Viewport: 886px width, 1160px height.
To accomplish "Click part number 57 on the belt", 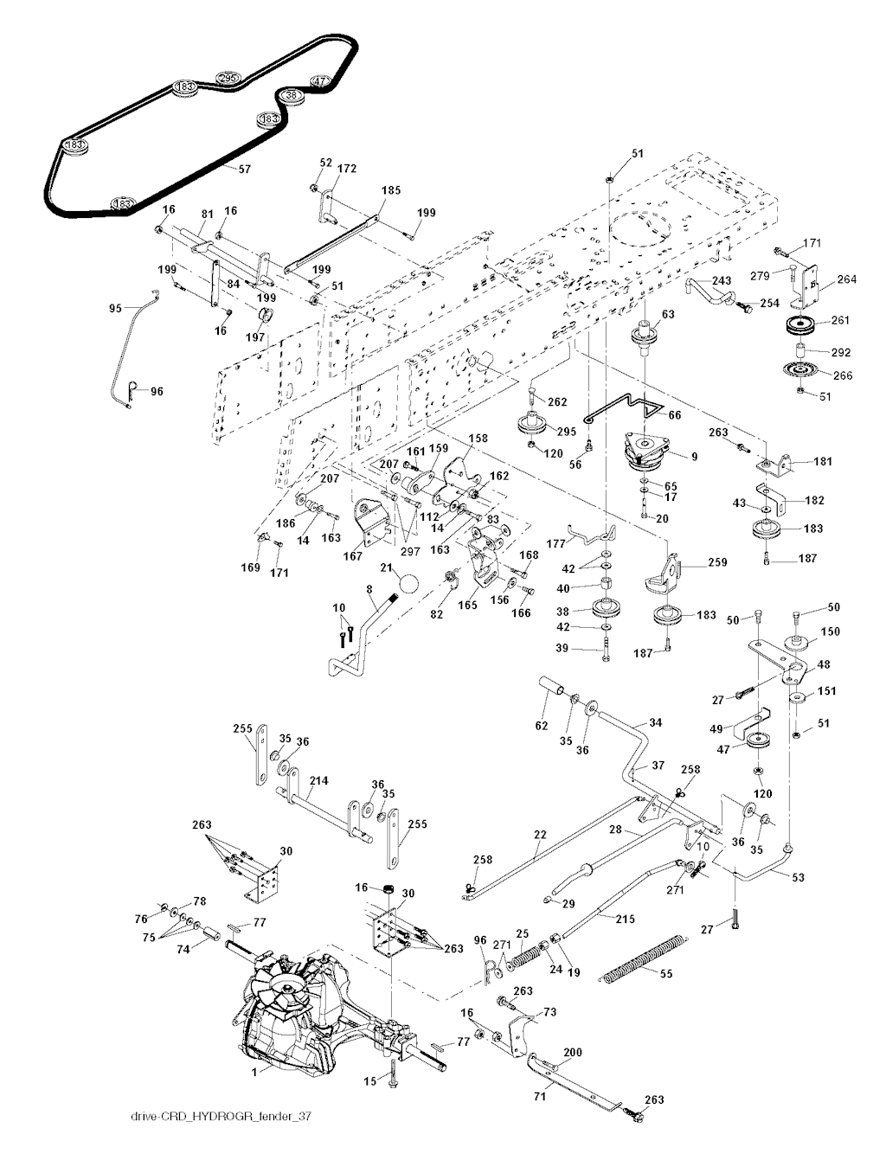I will click(244, 170).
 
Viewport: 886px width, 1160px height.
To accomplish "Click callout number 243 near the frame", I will click(722, 281).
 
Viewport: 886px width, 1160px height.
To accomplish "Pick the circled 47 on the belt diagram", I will click(320, 82).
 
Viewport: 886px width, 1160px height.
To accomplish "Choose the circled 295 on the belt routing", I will click(228, 79).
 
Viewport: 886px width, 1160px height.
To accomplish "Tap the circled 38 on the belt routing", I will click(291, 95).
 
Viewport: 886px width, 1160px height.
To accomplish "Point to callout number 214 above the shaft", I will click(318, 781).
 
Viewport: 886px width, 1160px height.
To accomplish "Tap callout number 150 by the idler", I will click(829, 633).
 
